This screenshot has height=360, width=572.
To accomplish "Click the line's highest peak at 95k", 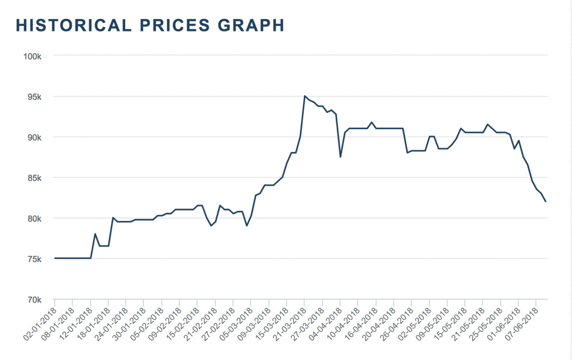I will point(304,96).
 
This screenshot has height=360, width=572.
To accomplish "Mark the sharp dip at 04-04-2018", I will point(340,157).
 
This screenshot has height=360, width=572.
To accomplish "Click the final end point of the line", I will point(546,202).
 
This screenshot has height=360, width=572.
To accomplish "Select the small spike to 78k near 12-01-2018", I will point(96,234).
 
